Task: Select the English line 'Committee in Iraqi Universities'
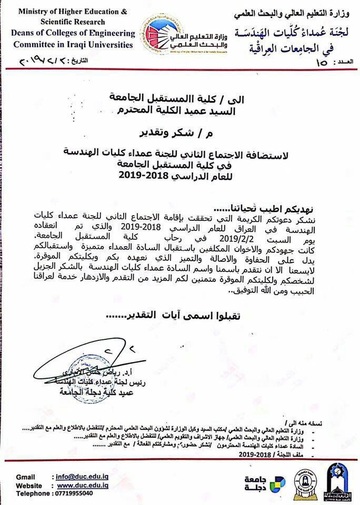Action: click(x=68, y=44)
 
